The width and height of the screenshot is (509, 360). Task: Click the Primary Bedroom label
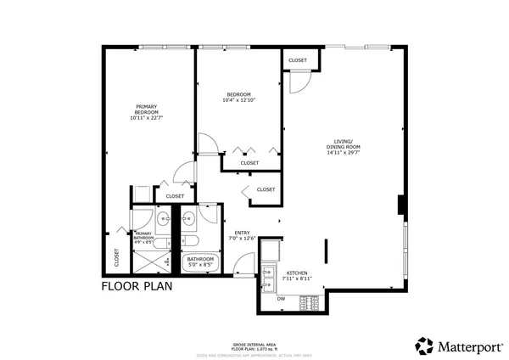(146, 112)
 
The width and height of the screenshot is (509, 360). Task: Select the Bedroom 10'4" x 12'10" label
(238, 97)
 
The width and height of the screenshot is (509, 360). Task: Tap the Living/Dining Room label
(344, 147)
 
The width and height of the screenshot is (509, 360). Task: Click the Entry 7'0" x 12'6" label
(243, 235)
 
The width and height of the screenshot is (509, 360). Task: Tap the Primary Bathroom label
(143, 237)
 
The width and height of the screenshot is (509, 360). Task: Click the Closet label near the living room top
(298, 60)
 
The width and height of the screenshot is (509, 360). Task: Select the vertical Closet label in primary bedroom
(116, 256)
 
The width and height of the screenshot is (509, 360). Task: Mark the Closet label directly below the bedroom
(249, 162)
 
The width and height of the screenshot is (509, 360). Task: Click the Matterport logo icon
(424, 346)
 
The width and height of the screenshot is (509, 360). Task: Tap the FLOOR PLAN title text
(137, 286)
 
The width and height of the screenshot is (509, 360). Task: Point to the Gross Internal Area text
(255, 345)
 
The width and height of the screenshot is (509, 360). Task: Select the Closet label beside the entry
(266, 189)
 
